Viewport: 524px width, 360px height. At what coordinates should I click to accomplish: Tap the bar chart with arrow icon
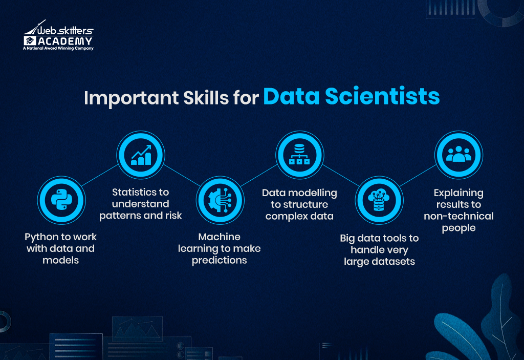click(x=140, y=154)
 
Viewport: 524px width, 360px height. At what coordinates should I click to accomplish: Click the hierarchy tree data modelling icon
click(x=299, y=154)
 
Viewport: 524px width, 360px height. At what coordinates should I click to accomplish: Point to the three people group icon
click(x=458, y=154)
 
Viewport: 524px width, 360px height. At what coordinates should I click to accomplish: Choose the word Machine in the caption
click(x=219, y=237)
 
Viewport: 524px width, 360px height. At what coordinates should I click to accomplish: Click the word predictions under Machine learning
click(x=219, y=260)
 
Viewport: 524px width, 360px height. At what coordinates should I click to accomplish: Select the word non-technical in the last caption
click(x=458, y=216)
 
